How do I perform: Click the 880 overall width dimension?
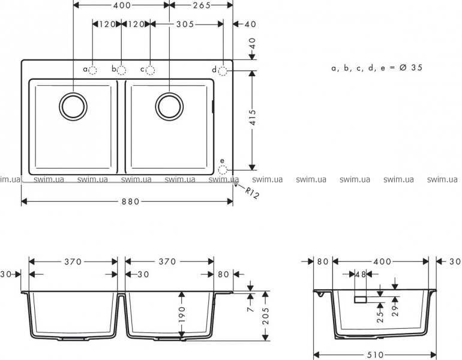131,202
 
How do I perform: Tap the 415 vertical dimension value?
253,118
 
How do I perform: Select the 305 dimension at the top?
185,24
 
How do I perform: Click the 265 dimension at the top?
202,5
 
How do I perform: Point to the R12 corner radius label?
252,193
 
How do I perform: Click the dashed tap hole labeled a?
92,70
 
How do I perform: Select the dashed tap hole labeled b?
121,70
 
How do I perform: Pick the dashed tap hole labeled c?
150,70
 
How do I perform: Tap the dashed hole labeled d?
223,71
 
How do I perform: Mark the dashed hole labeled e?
223,170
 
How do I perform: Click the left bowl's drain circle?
73,106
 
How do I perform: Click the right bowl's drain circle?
169,106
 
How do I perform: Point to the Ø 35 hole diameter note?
411,68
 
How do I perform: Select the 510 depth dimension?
376,355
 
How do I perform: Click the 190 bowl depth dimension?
182,314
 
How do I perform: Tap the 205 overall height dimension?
266,316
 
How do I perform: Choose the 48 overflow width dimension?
361,274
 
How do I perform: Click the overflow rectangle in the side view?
361,299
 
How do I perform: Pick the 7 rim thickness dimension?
250,308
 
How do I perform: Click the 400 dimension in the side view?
382,262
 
